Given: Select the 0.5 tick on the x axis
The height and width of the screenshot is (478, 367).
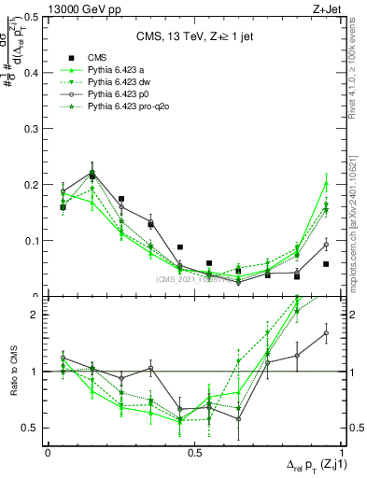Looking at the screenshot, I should [x=195, y=452].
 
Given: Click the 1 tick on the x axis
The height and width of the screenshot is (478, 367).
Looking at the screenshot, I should [x=343, y=452].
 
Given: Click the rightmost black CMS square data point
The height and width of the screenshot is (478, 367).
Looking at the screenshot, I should [x=326, y=264].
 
